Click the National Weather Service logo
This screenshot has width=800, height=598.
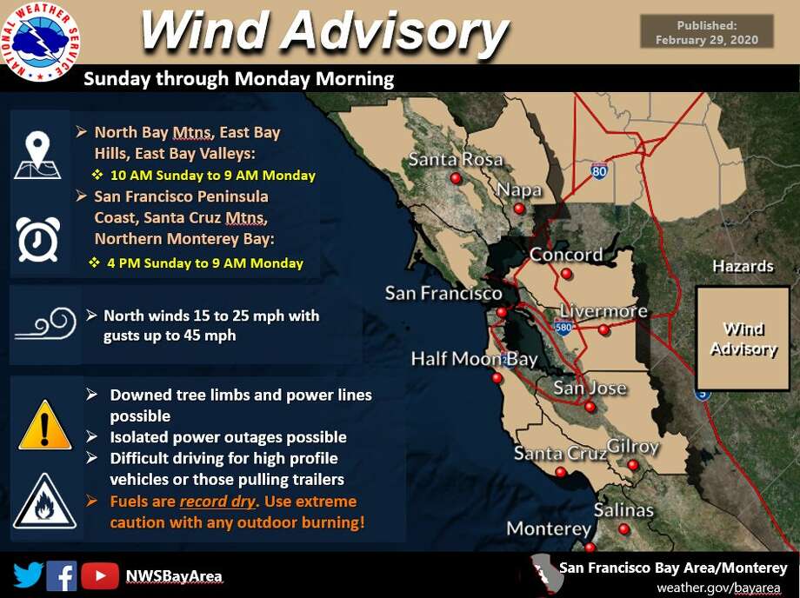(x=41, y=42)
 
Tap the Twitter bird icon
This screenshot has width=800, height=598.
(x=28, y=575)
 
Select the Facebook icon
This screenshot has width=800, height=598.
(x=61, y=575)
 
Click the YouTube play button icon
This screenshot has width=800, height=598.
(x=100, y=575)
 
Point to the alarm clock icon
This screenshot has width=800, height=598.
(x=38, y=239)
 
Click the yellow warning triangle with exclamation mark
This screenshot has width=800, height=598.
(x=45, y=425)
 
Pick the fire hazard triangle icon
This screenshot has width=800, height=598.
(x=45, y=502)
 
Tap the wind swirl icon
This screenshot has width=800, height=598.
(x=46, y=323)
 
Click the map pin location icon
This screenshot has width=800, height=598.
(x=37, y=155)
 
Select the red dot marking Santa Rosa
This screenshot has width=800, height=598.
(x=457, y=178)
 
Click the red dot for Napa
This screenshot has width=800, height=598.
(x=519, y=208)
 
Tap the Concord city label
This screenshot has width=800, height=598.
(x=566, y=255)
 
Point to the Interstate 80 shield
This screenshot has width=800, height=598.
(x=599, y=170)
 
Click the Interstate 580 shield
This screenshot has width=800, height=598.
(x=563, y=326)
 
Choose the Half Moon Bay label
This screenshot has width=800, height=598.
(x=475, y=359)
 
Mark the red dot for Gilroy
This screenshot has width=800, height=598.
(x=633, y=464)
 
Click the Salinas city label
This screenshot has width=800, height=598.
(x=623, y=510)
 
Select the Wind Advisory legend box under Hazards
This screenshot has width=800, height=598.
(x=743, y=338)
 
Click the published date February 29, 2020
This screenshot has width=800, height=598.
(x=707, y=40)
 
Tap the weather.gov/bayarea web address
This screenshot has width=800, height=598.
(x=718, y=588)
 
